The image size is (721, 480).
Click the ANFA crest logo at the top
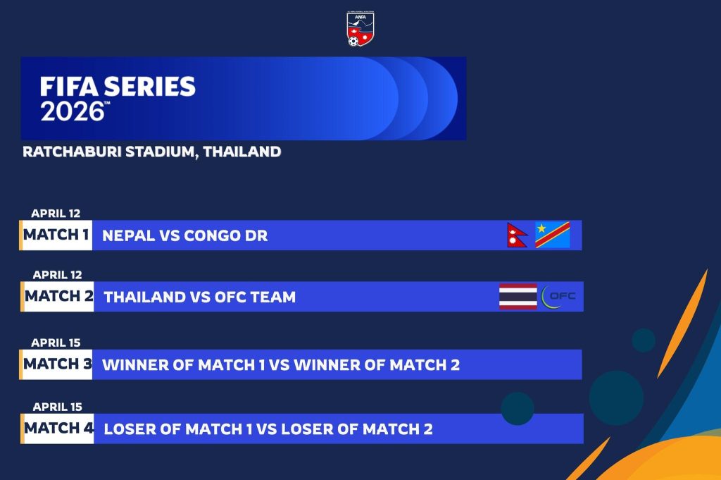tap(360, 29)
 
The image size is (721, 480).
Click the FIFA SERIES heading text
tap(118, 87)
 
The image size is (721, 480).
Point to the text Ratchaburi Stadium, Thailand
tap(152, 152)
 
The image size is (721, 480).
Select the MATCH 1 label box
tap(56, 235)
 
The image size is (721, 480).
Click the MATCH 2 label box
tap(58, 296)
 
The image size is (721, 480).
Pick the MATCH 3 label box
tap(56, 364)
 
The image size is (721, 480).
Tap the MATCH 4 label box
tap(58, 429)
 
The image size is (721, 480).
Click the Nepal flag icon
tap(517, 235)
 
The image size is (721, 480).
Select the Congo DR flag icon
tap(553, 235)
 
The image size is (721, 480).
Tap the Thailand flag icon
tap(518, 296)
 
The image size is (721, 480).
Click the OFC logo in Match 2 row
tap(558, 296)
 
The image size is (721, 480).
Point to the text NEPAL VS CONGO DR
tap(185, 235)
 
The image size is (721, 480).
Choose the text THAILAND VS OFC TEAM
tap(199, 297)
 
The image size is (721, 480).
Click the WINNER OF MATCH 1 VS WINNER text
tap(281, 365)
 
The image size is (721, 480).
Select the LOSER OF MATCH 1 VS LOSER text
tap(268, 429)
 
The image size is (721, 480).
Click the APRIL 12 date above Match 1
tap(56, 214)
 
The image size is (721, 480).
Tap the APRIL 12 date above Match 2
tap(58, 275)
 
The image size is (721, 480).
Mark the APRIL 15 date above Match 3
tap(56, 343)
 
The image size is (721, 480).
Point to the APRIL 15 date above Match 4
tap(58, 407)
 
